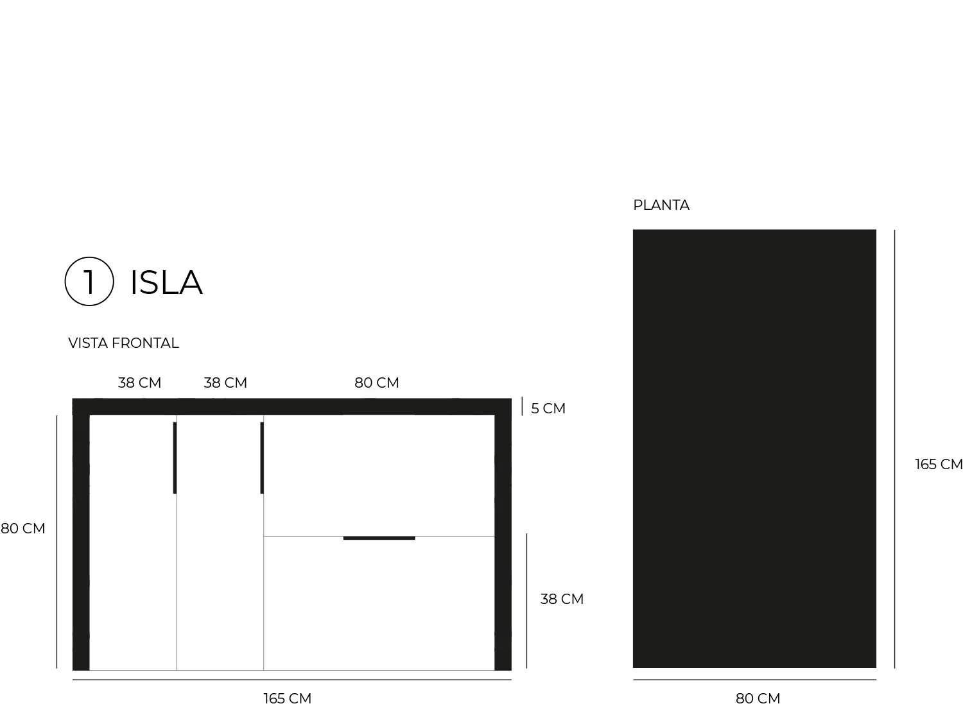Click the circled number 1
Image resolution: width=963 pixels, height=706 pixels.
(x=89, y=282)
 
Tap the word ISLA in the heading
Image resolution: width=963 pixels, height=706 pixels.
(x=166, y=282)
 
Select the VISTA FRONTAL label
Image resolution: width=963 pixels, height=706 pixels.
(x=123, y=343)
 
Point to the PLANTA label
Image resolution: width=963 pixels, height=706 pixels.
(x=661, y=205)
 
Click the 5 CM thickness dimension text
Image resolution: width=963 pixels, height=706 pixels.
(x=548, y=408)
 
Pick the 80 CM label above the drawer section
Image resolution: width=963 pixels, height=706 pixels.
(x=377, y=383)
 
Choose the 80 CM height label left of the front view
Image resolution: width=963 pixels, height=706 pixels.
(x=22, y=528)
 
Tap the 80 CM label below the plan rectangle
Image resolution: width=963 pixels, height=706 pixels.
(x=758, y=698)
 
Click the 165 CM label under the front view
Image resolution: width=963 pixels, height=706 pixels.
(x=287, y=698)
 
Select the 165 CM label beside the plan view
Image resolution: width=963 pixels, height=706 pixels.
(x=939, y=464)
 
